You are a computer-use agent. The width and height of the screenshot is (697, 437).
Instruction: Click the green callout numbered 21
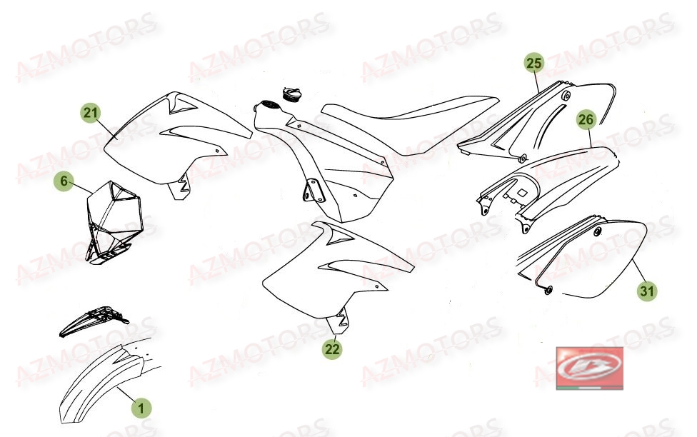pos(91,113)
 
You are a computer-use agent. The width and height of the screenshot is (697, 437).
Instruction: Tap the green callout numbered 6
pos(64,182)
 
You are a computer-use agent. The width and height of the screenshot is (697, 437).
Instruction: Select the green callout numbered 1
pos(141,408)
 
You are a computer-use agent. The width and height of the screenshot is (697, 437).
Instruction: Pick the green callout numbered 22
pos(332,349)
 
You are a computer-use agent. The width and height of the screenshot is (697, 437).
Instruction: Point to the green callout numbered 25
pos(533,64)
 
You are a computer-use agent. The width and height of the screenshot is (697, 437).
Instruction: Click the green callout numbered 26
pos(586,121)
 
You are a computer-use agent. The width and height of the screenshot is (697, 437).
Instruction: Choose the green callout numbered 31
pos(647,291)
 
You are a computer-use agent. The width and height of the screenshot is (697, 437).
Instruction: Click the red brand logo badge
pos(589,368)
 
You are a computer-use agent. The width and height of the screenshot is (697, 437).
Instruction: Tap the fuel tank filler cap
pos(292,94)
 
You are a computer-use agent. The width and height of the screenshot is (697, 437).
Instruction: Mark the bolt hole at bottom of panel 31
pos(550,289)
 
